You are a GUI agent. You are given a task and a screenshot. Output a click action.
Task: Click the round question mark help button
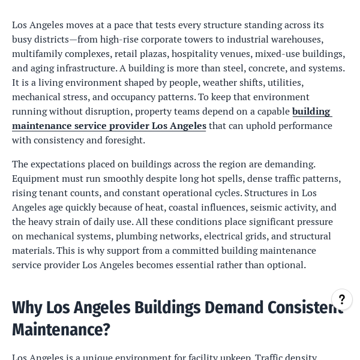pos(342,299)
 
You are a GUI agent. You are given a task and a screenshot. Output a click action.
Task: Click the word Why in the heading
pos(27,308)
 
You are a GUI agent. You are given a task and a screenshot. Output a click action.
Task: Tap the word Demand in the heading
pos(232,308)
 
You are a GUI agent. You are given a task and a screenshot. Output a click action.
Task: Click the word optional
pos(287,265)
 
